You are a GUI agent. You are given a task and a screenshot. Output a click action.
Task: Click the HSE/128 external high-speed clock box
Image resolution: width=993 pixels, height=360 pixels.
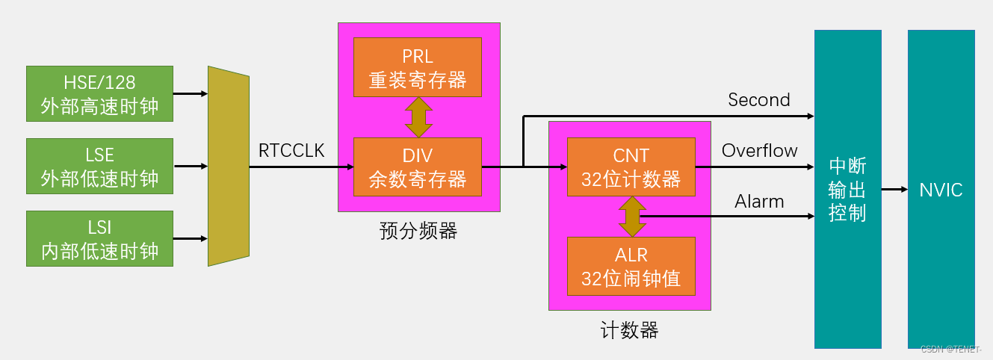(99, 93)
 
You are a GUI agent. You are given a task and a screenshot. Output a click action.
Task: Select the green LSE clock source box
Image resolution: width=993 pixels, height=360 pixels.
(99, 166)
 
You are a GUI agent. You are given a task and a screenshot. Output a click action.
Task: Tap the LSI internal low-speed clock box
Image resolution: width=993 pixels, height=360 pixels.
(99, 238)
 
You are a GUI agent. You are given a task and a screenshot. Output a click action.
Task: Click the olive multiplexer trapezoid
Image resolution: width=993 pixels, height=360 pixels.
(228, 166)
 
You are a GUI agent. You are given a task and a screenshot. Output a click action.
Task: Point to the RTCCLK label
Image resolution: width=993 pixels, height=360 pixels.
(291, 151)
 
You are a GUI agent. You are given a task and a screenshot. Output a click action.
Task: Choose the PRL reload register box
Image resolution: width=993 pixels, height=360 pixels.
(418, 66)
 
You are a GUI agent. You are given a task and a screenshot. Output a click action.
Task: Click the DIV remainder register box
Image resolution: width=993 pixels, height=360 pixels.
(418, 166)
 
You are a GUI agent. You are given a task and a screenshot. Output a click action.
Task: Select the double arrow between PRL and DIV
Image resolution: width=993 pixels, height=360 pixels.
(418, 117)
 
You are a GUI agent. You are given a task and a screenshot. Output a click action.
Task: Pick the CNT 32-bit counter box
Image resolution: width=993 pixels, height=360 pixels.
(631, 166)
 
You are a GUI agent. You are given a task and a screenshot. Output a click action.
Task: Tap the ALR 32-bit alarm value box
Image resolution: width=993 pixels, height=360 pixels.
(631, 266)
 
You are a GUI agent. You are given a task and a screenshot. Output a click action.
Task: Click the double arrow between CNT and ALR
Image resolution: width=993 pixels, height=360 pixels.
(632, 217)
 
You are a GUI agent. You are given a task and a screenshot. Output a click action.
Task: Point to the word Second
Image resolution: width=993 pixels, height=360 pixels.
(758, 100)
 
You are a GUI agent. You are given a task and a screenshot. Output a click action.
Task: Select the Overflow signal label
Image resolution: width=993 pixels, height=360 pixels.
(759, 151)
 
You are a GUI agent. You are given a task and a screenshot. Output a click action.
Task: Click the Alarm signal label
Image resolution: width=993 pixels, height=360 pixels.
(759, 202)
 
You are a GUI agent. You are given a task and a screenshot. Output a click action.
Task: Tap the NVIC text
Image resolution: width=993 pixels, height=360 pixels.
(941, 190)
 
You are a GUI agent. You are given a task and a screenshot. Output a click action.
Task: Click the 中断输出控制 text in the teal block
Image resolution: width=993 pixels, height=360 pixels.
(847, 190)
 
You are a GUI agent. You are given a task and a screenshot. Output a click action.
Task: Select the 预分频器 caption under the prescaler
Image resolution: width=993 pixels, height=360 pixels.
(418, 231)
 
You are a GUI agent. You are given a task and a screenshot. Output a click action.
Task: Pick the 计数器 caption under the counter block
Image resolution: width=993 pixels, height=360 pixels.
(629, 329)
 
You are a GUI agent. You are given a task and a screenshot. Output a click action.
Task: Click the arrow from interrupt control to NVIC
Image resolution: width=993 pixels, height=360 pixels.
(894, 190)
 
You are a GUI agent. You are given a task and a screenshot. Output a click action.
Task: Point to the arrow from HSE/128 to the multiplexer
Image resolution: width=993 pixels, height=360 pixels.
(191, 94)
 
